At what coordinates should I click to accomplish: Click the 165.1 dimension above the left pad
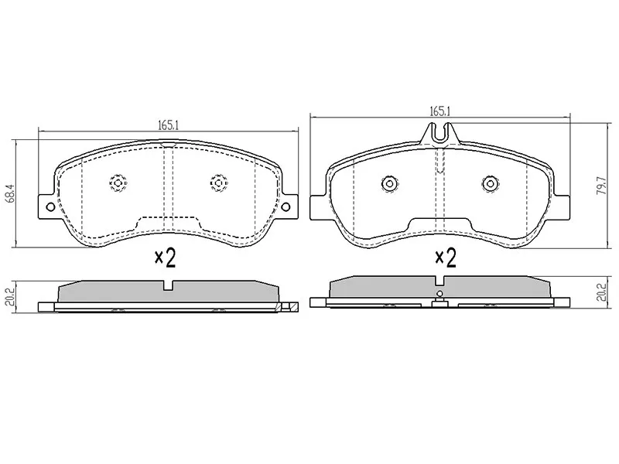coord(169,125)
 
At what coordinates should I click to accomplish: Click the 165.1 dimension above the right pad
coord(440,111)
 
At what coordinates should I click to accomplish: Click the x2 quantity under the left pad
coord(165,258)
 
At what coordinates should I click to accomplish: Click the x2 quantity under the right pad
coord(446,258)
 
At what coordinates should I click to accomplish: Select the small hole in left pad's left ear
coord(50,206)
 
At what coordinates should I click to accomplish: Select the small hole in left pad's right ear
coord(286,206)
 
